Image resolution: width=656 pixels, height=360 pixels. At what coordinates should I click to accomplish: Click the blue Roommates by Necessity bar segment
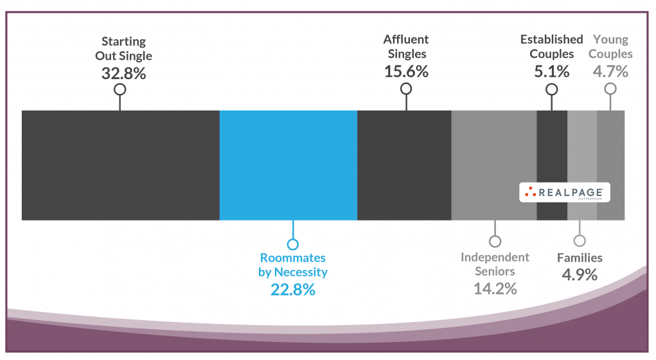(288, 165)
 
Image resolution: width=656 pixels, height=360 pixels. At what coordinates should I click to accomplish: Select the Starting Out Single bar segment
(120, 165)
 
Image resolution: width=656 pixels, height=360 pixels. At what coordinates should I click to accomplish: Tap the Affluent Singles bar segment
(404, 165)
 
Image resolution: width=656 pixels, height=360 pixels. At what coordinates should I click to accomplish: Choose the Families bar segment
(582, 154)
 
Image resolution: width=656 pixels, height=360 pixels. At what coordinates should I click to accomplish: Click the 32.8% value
(123, 73)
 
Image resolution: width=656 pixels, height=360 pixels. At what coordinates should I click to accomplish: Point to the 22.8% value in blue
(293, 290)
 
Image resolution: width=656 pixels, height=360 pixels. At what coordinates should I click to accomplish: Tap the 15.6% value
(406, 71)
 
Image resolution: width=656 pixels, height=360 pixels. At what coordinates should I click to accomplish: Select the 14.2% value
(495, 288)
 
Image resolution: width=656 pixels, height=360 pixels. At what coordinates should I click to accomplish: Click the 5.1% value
(551, 71)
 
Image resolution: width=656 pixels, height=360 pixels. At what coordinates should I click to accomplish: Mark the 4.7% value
(610, 71)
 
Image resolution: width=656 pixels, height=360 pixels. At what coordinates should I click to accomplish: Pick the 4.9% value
(580, 274)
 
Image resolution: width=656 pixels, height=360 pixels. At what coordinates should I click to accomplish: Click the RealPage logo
(564, 192)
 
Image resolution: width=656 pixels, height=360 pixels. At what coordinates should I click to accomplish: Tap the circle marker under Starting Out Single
(120, 89)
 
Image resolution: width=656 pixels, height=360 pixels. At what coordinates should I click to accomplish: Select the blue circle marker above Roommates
(293, 244)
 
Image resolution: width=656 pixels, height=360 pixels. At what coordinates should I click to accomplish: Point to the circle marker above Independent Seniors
(495, 242)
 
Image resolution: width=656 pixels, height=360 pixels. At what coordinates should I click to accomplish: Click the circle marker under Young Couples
(610, 89)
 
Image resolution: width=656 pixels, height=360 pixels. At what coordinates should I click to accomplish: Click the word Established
(551, 40)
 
